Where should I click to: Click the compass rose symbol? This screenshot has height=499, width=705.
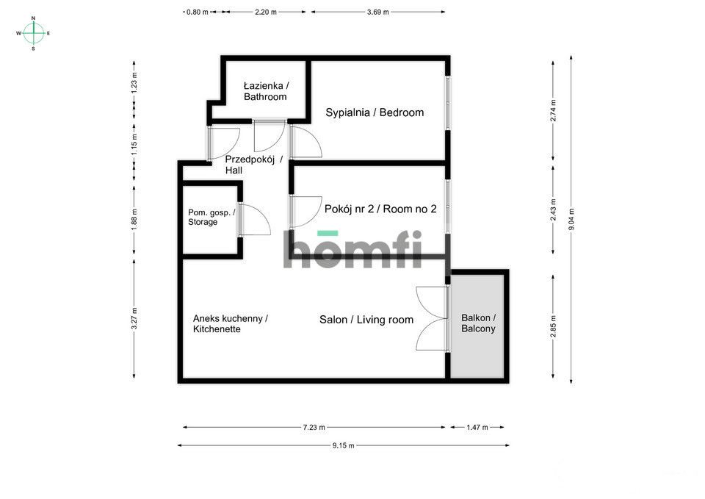[33, 33]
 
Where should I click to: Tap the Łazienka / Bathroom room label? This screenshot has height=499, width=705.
[265, 91]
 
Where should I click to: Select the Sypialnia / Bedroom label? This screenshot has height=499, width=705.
[375, 112]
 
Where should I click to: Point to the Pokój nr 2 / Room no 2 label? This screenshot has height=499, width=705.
[380, 209]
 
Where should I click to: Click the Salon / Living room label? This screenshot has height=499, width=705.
[366, 320]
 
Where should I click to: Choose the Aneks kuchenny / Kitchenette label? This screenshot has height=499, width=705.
[230, 324]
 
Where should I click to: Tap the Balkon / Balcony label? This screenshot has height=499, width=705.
[478, 323]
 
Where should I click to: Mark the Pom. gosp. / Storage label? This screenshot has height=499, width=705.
[211, 217]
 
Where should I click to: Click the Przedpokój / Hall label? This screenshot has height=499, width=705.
[253, 165]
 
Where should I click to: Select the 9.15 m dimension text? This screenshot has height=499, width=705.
[342, 445]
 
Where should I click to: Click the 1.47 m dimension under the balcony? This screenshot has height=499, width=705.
[477, 427]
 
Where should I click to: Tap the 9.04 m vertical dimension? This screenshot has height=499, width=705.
[572, 218]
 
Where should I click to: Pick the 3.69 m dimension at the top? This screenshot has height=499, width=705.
[377, 12]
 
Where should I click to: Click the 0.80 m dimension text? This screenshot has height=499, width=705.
[198, 12]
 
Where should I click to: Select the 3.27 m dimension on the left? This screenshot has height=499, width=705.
[134, 318]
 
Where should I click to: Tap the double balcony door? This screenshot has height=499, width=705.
[432, 318]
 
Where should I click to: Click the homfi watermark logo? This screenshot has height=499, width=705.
[352, 249]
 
